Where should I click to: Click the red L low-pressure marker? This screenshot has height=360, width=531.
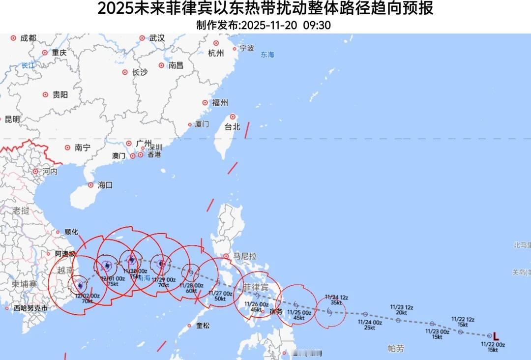pyautogui.click(x=496, y=336)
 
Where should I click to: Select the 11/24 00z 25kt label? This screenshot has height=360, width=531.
pyautogui.click(x=370, y=325)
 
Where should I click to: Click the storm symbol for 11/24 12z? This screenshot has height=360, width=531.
pyautogui.click(x=329, y=311)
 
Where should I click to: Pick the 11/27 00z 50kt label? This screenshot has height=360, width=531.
pyautogui.click(x=220, y=295)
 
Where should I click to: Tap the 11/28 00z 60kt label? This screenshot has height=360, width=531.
pyautogui.click(x=191, y=288)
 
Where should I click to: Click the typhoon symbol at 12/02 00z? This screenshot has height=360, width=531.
pyautogui.click(x=80, y=285)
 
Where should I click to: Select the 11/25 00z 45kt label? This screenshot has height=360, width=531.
pyautogui.click(x=299, y=315)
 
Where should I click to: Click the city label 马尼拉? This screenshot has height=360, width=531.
pyautogui.click(x=245, y=256)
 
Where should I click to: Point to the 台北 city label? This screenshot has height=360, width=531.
pyautogui.click(x=232, y=126)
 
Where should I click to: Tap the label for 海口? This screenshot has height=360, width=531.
pyautogui.click(x=105, y=185)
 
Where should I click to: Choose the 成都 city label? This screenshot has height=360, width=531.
pyautogui.click(x=29, y=38)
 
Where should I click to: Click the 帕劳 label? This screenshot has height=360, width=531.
pyautogui.click(x=395, y=349)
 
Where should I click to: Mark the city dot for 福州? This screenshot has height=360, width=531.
pyautogui.click(x=205, y=103)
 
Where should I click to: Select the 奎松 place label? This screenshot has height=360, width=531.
pyautogui.click(x=203, y=326)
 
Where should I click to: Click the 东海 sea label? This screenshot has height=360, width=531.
pyautogui.click(x=267, y=55)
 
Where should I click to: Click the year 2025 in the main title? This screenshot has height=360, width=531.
pyautogui.click(x=112, y=9)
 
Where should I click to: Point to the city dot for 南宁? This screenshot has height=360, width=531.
pyautogui.click(x=67, y=148)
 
